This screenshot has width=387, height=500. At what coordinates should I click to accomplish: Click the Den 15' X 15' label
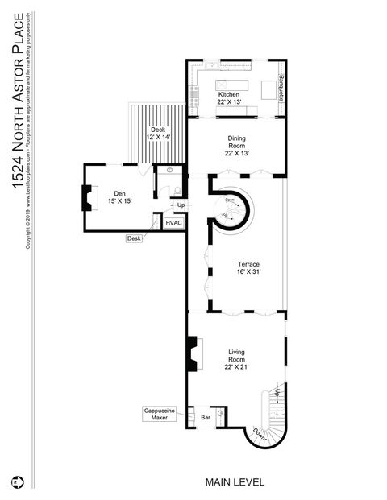click(x=119, y=197)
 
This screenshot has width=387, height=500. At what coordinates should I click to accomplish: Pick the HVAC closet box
click(x=174, y=222)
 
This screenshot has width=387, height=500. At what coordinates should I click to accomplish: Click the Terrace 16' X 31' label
click(x=248, y=268)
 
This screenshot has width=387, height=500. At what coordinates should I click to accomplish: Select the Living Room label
click(x=236, y=357)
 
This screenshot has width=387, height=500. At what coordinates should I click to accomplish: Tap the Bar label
click(x=205, y=419)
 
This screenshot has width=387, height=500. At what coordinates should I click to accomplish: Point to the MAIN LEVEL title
click(x=234, y=482)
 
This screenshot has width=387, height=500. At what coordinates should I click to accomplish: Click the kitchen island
click(x=235, y=85)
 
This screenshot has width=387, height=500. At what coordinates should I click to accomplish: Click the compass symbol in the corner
click(x=16, y=482)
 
